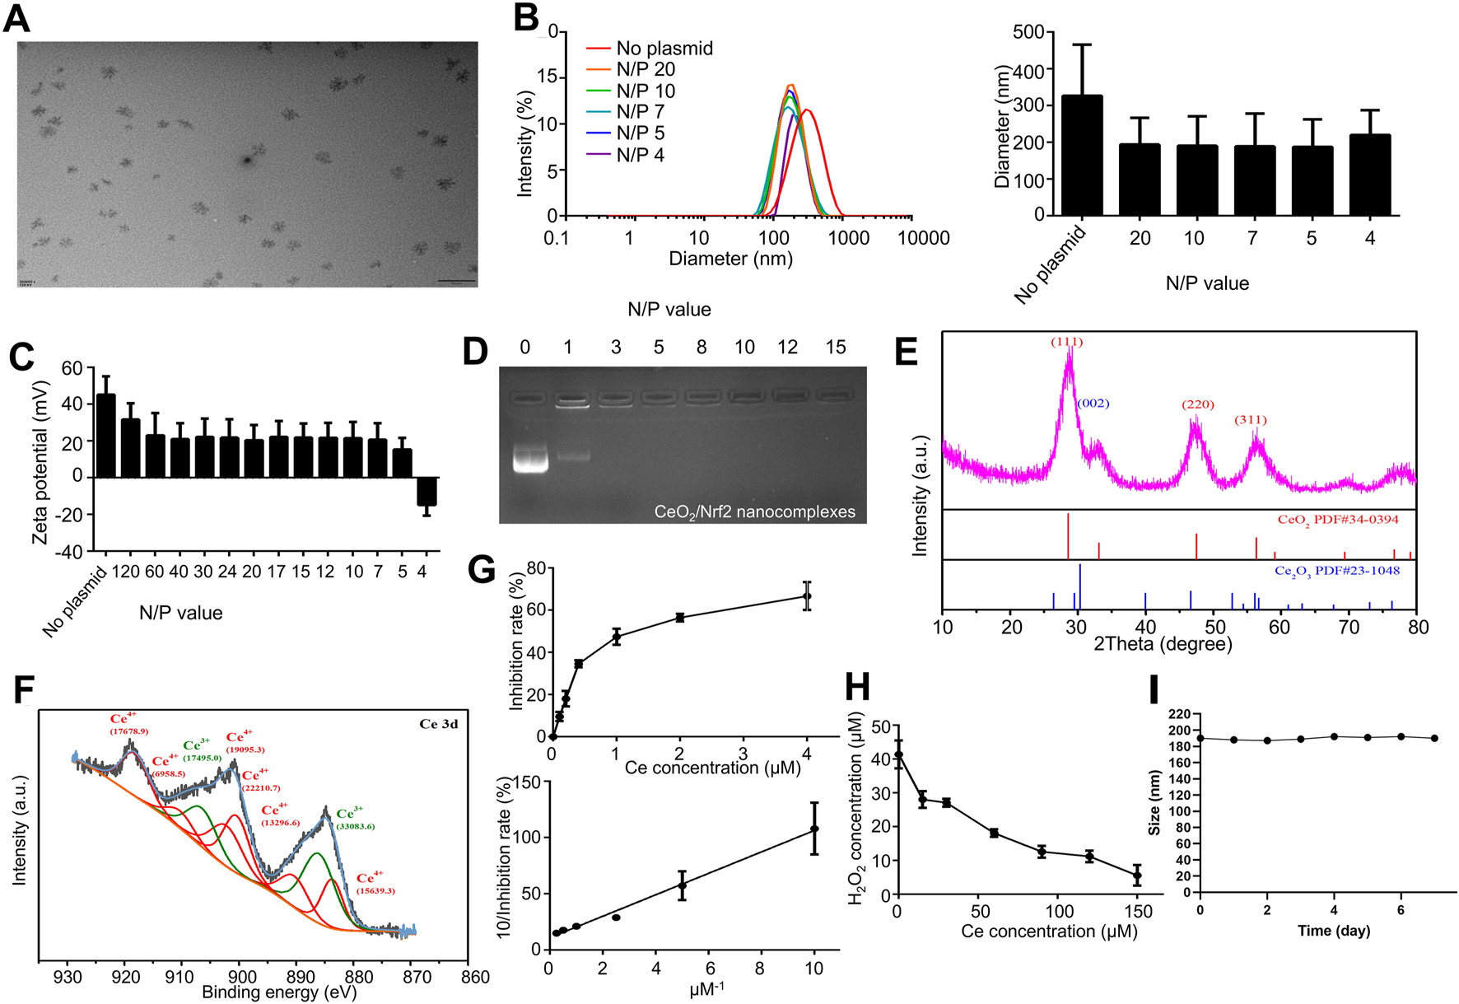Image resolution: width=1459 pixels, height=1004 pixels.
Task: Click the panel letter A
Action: [x=16, y=18]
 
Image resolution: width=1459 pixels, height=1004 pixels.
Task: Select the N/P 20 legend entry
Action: [x=646, y=69]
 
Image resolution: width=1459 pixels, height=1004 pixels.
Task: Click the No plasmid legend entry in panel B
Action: [x=664, y=49]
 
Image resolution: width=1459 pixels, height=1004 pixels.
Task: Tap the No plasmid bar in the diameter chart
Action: [x=1082, y=156]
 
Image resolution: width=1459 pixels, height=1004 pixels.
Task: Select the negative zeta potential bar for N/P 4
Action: [x=426, y=492]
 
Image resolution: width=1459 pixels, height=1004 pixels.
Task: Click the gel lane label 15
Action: [x=835, y=347]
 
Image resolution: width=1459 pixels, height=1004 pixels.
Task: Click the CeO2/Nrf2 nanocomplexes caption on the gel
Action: [x=754, y=512]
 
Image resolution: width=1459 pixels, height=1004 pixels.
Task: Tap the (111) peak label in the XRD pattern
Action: [x=1066, y=342]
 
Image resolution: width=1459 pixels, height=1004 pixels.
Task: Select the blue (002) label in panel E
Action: [x=1093, y=404]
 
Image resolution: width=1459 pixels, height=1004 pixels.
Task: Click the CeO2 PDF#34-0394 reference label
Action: [x=1337, y=520]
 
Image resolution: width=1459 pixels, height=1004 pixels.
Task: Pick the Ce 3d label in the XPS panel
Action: [x=438, y=724]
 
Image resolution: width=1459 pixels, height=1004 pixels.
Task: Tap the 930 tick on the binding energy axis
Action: [x=68, y=977]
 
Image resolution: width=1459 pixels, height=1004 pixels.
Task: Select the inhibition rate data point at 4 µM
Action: [x=807, y=596]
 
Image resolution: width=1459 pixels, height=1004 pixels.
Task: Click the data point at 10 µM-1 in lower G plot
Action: [x=814, y=829]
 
